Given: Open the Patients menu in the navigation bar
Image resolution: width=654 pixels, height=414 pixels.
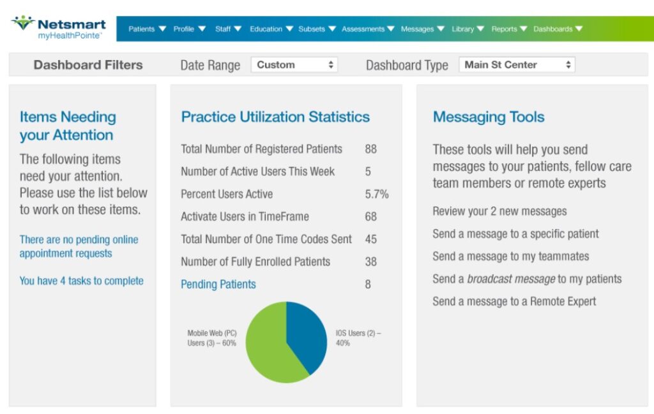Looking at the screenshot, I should (x=147, y=29).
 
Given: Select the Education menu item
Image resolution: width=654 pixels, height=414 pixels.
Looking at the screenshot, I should (x=271, y=29).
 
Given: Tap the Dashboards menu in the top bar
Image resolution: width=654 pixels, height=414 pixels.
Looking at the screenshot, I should (x=558, y=29).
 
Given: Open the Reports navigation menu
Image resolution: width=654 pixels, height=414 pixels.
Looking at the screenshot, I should (x=508, y=29).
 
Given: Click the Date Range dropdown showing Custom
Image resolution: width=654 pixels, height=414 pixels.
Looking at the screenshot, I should (x=294, y=65).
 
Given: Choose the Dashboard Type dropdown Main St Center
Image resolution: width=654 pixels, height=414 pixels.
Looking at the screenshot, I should (x=517, y=65).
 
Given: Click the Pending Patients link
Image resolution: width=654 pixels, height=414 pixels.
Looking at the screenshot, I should (x=218, y=285).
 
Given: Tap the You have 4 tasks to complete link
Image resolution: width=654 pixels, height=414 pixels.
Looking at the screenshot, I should (x=81, y=281).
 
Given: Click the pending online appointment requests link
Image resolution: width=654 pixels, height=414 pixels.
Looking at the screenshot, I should (x=79, y=246).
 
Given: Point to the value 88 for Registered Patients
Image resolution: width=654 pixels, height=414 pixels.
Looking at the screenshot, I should (x=371, y=149).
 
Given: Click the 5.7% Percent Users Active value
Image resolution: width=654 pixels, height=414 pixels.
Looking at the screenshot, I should (x=376, y=194).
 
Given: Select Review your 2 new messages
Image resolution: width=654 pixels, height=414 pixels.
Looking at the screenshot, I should (x=499, y=211).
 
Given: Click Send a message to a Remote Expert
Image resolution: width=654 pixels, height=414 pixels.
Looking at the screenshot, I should (x=514, y=301).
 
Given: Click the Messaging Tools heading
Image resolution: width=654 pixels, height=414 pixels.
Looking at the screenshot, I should (x=489, y=117).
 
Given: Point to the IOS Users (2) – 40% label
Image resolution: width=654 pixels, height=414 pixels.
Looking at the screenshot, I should (x=358, y=338).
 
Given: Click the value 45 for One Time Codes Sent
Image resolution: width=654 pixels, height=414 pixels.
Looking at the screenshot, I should (x=371, y=239).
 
